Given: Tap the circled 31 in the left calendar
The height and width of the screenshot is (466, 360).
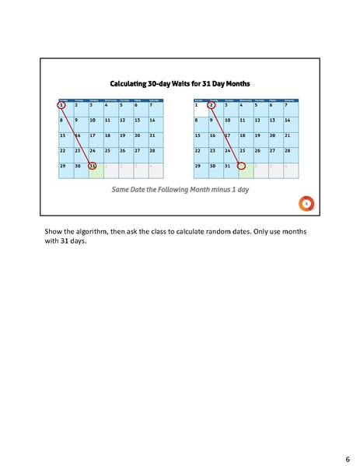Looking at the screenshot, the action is [93, 166].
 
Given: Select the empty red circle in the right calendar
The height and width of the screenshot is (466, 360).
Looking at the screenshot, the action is [242, 166].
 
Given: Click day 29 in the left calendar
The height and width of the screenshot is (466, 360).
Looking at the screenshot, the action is [62, 166].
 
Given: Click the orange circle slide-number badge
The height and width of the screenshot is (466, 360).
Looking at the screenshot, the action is [307, 203].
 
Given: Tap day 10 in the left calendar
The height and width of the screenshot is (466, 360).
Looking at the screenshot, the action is [93, 121].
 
